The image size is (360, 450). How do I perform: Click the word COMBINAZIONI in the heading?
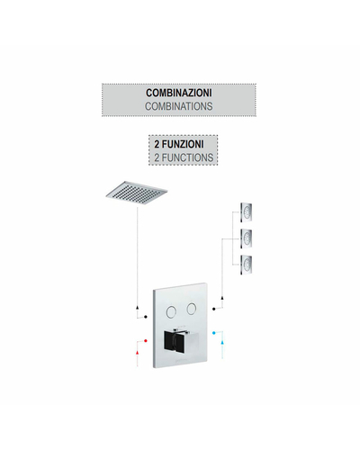179,93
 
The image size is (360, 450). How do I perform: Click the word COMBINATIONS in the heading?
179,106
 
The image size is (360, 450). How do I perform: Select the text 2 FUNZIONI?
179,144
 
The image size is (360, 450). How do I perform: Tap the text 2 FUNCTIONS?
184,157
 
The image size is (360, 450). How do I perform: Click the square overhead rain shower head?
137,193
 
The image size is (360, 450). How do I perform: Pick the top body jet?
246,212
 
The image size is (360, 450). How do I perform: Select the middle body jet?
246,238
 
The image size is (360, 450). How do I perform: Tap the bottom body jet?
246,265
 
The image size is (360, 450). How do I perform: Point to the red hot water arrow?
138,352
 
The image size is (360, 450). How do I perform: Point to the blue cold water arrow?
222,342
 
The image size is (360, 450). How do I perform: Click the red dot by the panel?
146,341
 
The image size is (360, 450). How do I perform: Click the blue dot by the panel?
213,333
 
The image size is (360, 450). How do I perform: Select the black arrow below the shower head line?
138,308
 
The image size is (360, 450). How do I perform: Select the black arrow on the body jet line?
222,298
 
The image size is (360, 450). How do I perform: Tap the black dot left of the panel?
146,317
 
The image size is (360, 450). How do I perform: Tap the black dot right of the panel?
213,309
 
